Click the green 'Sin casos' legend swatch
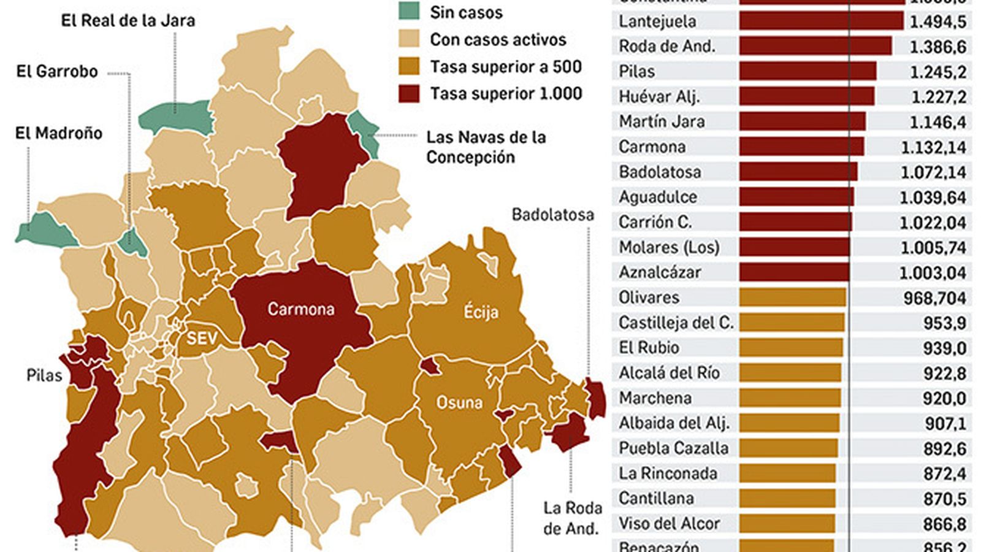point(409,12)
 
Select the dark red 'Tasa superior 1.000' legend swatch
point(409,94)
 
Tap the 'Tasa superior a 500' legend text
point(505,66)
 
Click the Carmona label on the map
point(300,309)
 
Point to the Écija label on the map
point(481,312)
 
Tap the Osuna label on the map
point(459,403)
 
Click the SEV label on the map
point(202,338)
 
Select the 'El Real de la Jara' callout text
point(128,21)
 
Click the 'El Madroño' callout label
point(58,133)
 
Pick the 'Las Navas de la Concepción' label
point(485,147)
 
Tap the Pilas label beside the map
point(44,375)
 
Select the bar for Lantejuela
point(821,21)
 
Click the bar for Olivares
point(792,298)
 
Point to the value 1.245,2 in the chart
point(937,72)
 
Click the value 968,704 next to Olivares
point(934,298)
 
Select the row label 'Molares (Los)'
point(669,248)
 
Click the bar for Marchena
point(790,399)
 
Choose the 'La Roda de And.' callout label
point(572,518)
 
